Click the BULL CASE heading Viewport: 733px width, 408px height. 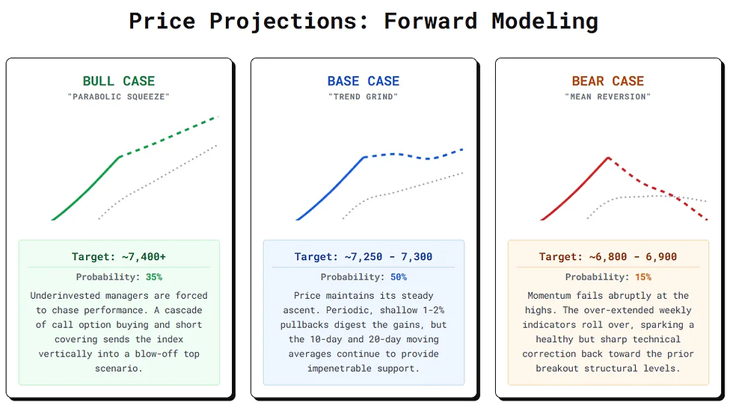[119, 81]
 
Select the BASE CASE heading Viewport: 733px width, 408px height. [364, 81]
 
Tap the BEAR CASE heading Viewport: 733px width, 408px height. [607, 81]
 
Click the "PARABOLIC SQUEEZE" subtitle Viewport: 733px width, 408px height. [119, 96]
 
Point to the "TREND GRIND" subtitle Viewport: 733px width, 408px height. [364, 96]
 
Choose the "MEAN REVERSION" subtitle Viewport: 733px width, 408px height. [607, 96]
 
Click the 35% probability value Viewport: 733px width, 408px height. [154, 276]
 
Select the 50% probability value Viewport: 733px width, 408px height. [399, 276]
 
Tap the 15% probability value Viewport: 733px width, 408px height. [643, 276]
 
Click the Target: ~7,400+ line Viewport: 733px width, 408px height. [119, 257]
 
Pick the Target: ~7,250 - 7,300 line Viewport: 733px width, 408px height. [364, 257]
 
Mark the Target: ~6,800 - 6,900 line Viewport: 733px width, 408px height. [607, 257]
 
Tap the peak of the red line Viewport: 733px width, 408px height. [608, 158]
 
